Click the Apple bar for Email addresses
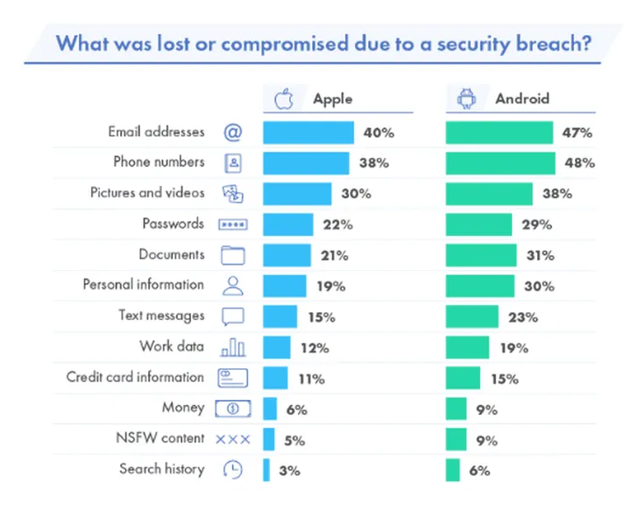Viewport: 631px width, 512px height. (308, 132)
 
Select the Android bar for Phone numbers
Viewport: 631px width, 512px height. (500, 163)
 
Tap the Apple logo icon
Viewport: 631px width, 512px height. (283, 98)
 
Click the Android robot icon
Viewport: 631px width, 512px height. (465, 98)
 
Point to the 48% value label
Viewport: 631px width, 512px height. (579, 163)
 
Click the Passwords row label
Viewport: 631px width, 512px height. (174, 224)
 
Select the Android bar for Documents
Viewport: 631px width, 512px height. (480, 255)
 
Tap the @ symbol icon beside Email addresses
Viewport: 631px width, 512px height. (232, 132)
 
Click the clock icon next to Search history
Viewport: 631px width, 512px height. (232, 470)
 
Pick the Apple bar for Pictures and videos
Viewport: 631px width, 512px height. (297, 194)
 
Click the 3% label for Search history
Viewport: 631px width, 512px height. (289, 470)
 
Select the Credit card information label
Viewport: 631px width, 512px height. (135, 377)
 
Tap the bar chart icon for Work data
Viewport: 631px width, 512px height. (232, 347)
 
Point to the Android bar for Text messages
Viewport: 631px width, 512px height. (471, 316)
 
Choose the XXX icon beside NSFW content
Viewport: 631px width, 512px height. (232, 438)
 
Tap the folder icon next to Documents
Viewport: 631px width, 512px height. (232, 255)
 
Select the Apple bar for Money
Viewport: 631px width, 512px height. (270, 409)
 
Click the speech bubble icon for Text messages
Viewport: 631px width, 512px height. (232, 316)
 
